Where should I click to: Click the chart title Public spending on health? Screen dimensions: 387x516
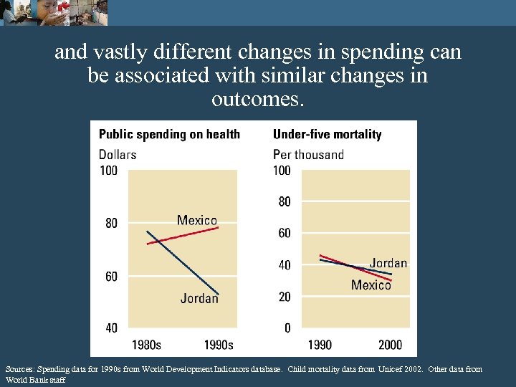coord(169,134)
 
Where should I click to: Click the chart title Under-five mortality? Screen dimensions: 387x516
coord(327,134)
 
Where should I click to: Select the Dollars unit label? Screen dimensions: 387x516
coord(117,154)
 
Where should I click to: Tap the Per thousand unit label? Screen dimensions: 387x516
coord(308,154)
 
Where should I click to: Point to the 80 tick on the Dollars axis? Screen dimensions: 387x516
coord(111,224)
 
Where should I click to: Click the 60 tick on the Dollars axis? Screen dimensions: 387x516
coord(111,277)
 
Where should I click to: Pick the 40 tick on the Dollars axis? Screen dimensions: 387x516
coord(111,328)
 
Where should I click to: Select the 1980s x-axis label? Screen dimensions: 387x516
coord(146,345)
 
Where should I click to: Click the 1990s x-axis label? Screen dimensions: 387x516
coord(219,345)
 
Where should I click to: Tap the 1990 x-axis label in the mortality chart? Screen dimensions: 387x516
coord(320,345)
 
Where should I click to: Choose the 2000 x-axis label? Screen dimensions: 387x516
coord(391,345)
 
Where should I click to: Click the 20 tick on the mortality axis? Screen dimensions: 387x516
coord(284,297)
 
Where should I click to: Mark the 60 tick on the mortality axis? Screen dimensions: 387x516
coord(284,234)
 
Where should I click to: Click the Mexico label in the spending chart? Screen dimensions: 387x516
coord(196,220)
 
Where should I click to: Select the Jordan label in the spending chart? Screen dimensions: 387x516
coord(199,298)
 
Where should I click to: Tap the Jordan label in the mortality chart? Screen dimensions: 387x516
coord(388,263)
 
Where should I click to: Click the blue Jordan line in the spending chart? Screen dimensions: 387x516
coord(182,263)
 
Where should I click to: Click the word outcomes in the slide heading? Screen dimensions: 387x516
coord(257,100)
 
